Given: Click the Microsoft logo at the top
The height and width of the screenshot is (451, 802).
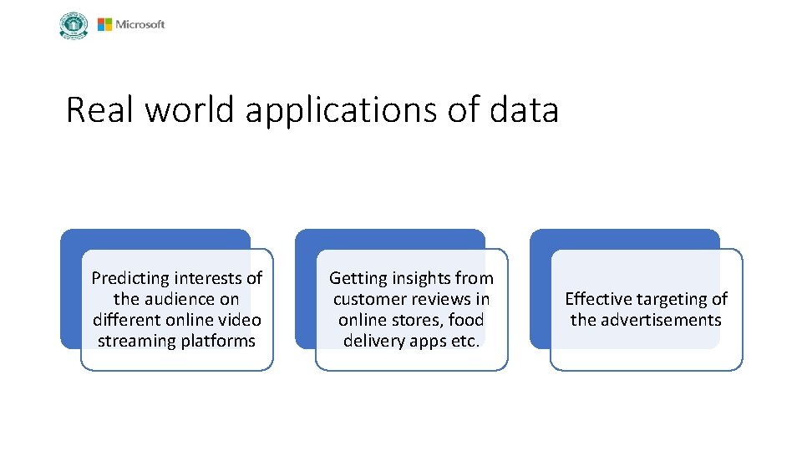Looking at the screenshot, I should coord(131,24).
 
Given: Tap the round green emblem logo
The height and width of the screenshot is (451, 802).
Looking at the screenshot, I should coord(74,25).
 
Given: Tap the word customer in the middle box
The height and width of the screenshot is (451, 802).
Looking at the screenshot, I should coord(367,299).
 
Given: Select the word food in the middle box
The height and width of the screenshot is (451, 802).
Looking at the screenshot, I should coord(466,320).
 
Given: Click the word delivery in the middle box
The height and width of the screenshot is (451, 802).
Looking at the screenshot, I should coord(373,341).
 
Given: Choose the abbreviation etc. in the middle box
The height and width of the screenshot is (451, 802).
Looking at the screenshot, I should coord(464,341).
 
